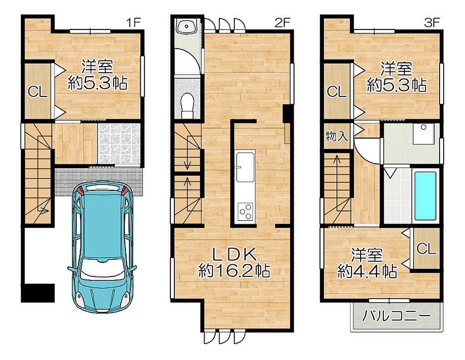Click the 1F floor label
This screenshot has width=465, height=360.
tap(133, 23)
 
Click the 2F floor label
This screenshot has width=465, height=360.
tap(282, 23)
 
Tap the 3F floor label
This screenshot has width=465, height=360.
tap(431, 23)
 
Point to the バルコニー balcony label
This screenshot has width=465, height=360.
tap(396, 316)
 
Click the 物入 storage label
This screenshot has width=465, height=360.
tap(336, 136)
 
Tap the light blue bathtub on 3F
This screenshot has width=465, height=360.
tap(425, 195)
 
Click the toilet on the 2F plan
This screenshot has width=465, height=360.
tap(187, 105)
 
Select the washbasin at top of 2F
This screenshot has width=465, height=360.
tap(186, 27)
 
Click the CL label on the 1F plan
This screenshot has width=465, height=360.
tap(38, 92)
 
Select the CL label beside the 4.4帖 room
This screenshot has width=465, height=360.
tap(426, 248)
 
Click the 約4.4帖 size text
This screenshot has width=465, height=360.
tap(367, 271)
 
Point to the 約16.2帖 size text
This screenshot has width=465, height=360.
tap(234, 270)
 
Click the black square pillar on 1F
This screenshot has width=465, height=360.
tap(38, 293)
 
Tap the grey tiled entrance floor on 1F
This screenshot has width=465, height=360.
tap(119, 143)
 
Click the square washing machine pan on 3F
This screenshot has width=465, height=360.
tap(424, 134)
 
